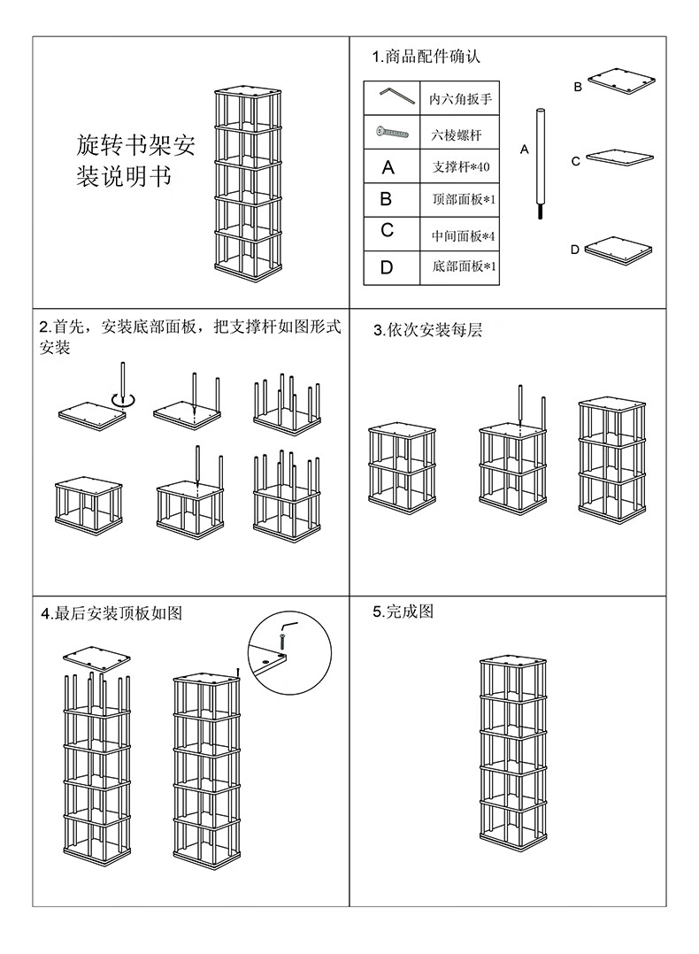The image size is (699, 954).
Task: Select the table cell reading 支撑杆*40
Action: (x=460, y=166)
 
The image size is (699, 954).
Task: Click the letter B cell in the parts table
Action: (x=387, y=200)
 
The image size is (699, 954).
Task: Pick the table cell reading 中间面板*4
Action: (x=460, y=235)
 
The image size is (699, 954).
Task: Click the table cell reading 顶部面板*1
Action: (x=460, y=200)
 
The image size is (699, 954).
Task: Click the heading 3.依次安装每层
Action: (x=427, y=330)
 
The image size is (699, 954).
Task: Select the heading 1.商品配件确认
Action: (x=426, y=58)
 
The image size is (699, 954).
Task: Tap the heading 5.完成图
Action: (x=403, y=612)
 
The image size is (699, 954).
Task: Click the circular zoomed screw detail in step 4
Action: (x=289, y=656)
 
